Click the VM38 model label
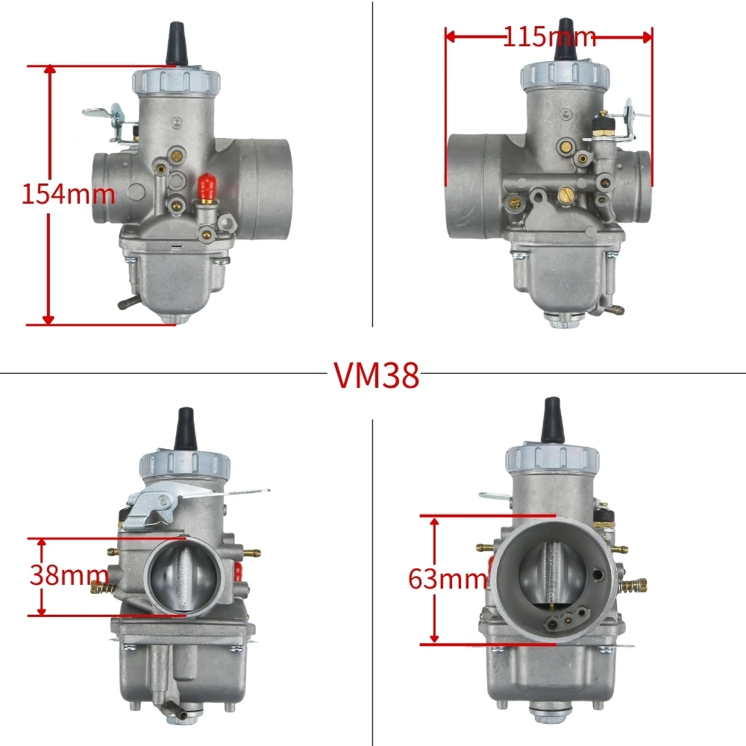coord(376,376)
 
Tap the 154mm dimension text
coord(68,195)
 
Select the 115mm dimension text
coord(549,37)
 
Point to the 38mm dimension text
coord(69,576)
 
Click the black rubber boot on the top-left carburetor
coord(177,43)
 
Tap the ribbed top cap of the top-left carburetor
coord(176,79)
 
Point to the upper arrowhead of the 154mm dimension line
coord(49,72)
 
